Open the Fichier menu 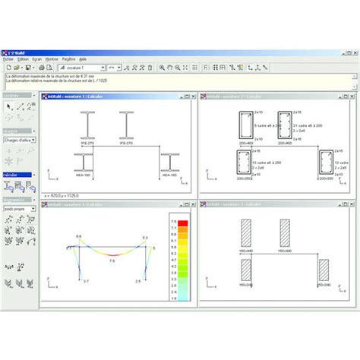(x=8, y=58)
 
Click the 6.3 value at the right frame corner (x=144, y=238)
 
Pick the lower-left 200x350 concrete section (x=244, y=163)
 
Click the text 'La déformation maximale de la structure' (x=38, y=77)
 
